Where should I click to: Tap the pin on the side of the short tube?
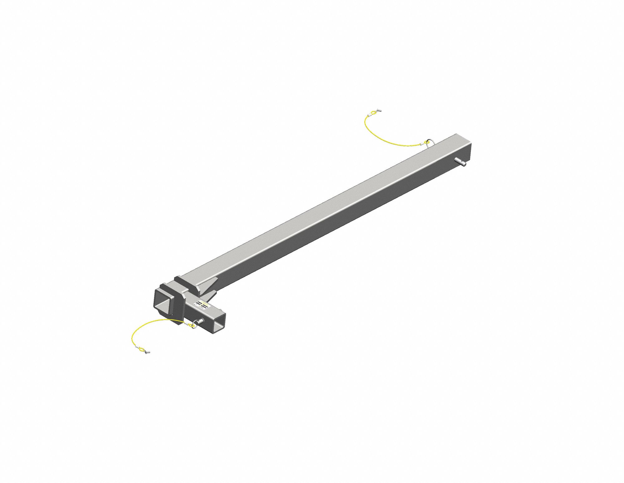tap(201, 321)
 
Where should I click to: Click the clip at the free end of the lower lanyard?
tap(148, 352)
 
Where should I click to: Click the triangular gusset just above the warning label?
tap(208, 295)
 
